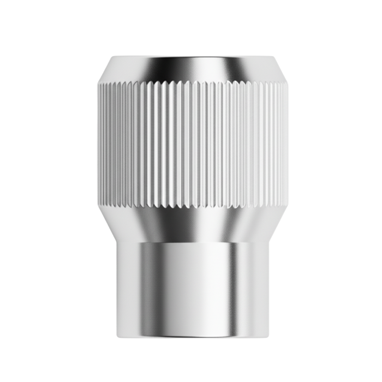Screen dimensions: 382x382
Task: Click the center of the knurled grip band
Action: tap(191, 145)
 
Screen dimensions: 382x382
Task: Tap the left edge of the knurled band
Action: tap(99, 145)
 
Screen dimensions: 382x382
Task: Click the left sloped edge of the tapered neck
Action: tap(108, 224)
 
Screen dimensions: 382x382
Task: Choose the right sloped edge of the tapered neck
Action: tap(274, 224)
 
